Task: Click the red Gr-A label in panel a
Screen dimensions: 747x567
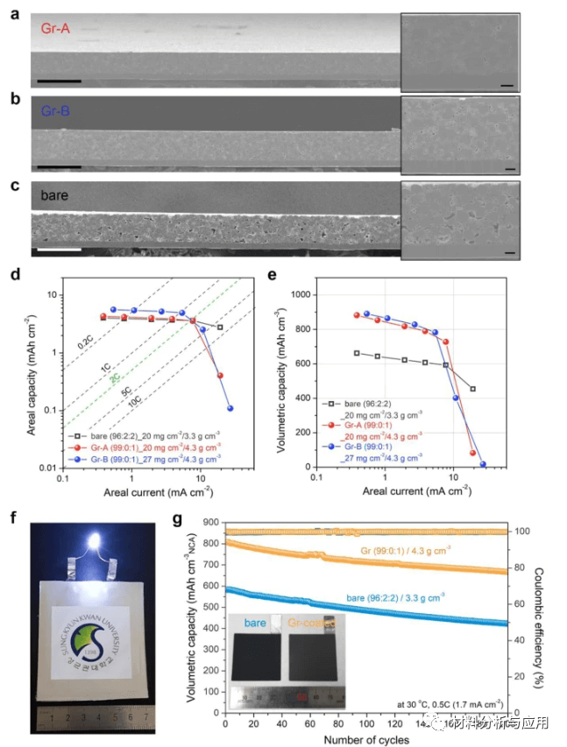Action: click(x=53, y=29)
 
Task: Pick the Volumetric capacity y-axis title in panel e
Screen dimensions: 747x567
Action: click(x=284, y=377)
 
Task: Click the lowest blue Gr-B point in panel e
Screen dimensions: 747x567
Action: click(x=482, y=464)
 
